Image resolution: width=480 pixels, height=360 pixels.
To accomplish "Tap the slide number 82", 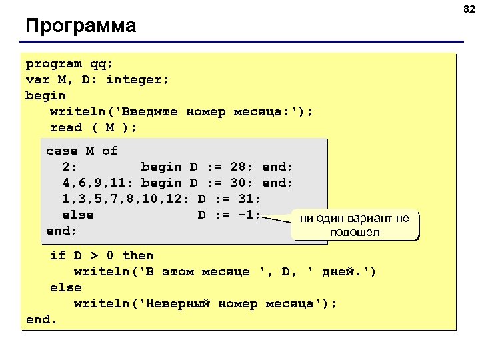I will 469,8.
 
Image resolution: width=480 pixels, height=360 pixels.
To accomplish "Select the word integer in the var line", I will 137,80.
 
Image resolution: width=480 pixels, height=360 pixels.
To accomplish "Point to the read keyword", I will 66,128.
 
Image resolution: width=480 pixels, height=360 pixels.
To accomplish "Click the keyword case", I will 61,151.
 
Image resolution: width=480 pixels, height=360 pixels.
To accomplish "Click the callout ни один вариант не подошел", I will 354,225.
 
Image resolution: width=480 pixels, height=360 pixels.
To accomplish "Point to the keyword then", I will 138,255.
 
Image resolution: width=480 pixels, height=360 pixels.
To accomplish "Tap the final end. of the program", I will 41,320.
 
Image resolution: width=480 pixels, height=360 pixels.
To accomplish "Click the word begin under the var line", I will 45,96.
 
